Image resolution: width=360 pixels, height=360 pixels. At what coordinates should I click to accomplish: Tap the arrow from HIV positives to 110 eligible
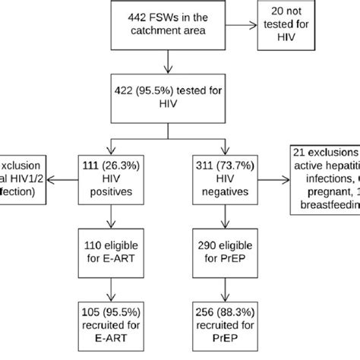(112, 216)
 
